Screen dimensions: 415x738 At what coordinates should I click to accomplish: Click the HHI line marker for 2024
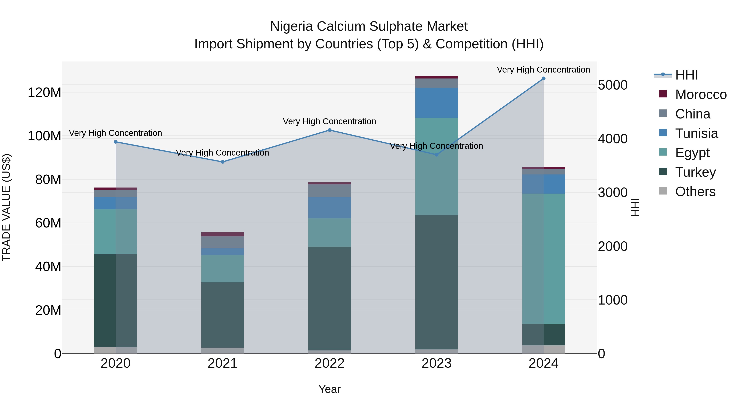(x=543, y=78)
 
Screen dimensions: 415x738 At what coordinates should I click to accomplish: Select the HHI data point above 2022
(x=329, y=130)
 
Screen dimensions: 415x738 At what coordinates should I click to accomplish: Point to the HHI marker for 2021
(x=223, y=162)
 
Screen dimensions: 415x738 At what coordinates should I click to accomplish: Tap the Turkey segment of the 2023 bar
(x=437, y=282)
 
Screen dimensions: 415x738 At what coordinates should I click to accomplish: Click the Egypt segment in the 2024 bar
(x=543, y=259)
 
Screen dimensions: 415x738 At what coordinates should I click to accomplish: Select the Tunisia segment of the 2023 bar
(x=437, y=103)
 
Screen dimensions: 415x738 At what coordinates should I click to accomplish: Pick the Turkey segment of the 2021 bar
(x=223, y=315)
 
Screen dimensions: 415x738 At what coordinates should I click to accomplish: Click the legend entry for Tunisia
(x=696, y=133)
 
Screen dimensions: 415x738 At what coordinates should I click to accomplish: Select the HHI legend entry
(x=686, y=75)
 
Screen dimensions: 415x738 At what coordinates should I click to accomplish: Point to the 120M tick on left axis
(x=44, y=92)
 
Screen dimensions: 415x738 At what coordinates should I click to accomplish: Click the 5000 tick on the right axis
(x=613, y=85)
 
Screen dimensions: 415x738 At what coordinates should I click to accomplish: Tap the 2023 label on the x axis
(x=437, y=363)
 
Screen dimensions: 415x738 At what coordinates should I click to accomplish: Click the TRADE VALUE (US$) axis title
(x=6, y=207)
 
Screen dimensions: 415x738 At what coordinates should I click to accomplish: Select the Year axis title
(x=329, y=389)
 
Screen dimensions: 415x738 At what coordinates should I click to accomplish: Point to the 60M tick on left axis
(x=48, y=223)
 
